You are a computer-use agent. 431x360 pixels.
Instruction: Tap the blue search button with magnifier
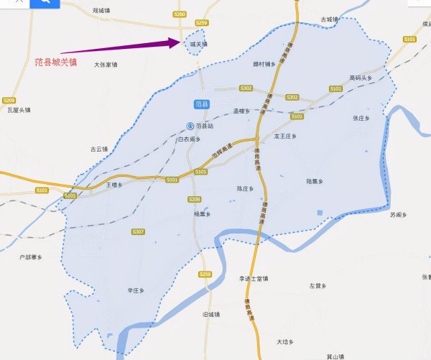45,3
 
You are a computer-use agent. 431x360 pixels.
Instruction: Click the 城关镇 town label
198,44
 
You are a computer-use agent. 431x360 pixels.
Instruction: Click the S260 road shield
180,14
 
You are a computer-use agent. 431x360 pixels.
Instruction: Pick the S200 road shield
9,100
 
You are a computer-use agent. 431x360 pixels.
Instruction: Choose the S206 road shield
194,199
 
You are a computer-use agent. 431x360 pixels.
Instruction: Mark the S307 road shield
139,231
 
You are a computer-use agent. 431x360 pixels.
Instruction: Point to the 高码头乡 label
361,78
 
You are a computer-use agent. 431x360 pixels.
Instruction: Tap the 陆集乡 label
316,182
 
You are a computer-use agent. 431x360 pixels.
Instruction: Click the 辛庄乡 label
136,290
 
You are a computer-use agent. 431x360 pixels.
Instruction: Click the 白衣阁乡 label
189,139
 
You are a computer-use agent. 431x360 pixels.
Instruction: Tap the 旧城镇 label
211,314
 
